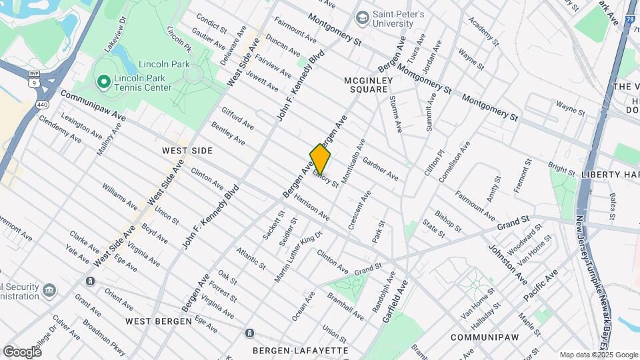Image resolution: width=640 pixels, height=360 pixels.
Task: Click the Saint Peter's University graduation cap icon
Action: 363,17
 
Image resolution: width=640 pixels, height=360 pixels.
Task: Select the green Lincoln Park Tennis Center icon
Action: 103,82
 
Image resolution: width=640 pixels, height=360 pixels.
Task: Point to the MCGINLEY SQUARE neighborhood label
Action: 366,85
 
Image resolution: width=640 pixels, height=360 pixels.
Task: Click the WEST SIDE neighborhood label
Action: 187,151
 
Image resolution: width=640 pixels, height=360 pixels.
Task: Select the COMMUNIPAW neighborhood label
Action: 483,337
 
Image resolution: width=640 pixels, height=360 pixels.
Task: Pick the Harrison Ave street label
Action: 313,208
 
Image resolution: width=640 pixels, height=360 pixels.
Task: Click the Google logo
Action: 22,351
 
